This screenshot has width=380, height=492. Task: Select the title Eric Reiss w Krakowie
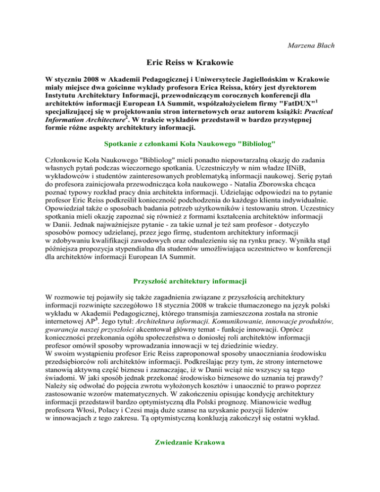coord(190,62)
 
